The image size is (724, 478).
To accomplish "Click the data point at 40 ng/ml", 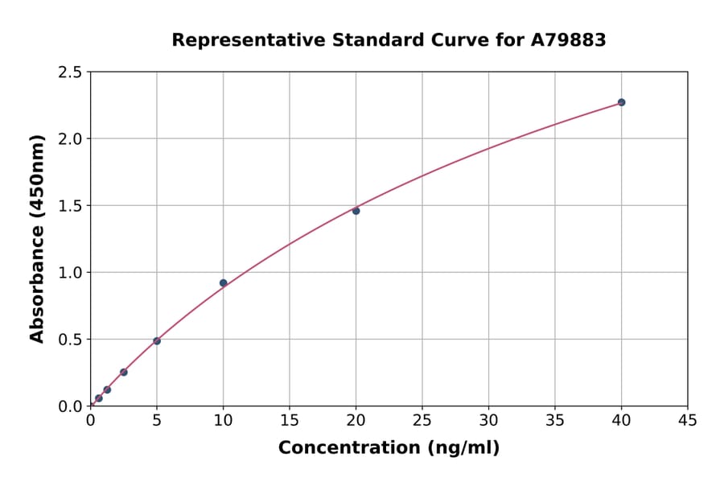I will (x=621, y=102).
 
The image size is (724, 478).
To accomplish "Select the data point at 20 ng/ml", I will (x=356, y=211).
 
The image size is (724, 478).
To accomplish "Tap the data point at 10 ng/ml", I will (x=223, y=282).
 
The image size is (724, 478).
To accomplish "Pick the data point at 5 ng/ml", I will (x=157, y=341).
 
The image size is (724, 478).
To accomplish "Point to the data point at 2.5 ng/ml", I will (x=124, y=372).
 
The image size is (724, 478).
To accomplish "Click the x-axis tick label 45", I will (x=688, y=419).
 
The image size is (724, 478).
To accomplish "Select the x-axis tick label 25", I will (x=422, y=419).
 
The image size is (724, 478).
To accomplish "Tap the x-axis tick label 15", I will (x=290, y=419).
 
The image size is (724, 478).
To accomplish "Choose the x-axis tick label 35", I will (x=555, y=419).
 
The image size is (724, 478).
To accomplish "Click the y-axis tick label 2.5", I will (x=71, y=72).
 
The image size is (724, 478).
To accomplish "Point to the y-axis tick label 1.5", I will (x=71, y=206).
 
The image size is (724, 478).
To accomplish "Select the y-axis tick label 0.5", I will (x=71, y=340).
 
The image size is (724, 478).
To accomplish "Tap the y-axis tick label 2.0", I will (x=71, y=139).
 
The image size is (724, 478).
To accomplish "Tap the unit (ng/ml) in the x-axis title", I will (x=463, y=447).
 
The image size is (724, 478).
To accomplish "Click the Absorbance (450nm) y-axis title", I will (x=38, y=238).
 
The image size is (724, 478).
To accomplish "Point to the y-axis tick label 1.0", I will (x=71, y=273).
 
